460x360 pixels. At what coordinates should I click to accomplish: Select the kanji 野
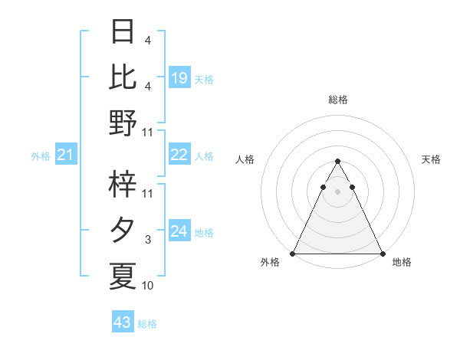point(123,122)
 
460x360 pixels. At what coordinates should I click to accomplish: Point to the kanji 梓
point(123,185)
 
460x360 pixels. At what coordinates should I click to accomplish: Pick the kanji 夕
point(123,230)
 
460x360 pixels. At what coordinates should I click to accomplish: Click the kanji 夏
point(123,276)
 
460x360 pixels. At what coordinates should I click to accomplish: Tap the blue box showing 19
point(179,77)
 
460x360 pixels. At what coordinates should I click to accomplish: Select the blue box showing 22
point(179,155)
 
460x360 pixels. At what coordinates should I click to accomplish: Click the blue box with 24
point(179,231)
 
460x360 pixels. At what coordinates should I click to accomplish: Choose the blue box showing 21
point(66,155)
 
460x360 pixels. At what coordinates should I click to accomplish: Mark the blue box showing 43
point(123,322)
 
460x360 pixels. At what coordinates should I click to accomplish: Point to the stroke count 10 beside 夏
point(147,286)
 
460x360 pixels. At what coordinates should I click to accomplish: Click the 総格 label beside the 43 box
point(147,324)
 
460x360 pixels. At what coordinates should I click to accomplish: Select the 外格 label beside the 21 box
point(41,156)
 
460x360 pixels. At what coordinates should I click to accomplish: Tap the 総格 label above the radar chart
point(337,100)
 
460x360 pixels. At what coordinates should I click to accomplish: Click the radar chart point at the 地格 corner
point(382,253)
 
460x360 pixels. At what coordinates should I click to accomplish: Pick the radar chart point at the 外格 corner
point(293,253)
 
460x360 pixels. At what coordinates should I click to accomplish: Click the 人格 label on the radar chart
point(245,159)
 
